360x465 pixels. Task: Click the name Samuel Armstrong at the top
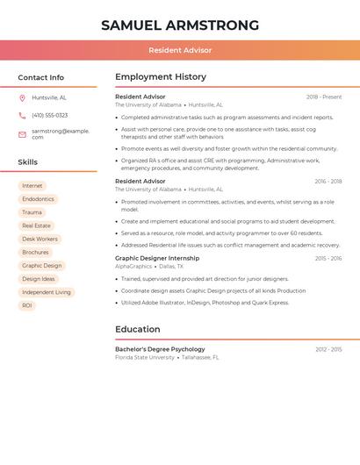pyautogui.click(x=180, y=25)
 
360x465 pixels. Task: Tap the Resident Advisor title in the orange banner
pyautogui.click(x=180, y=50)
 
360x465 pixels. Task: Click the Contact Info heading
pyautogui.click(x=41, y=77)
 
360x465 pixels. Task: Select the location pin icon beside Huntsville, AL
pyautogui.click(x=22, y=97)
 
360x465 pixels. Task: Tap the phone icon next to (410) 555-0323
pyautogui.click(x=22, y=115)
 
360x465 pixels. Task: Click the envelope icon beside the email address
pyautogui.click(x=22, y=133)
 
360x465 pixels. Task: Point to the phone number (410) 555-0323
pyautogui.click(x=49, y=115)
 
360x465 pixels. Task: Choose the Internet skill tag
pyautogui.click(x=32, y=186)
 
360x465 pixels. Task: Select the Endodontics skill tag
pyautogui.click(x=38, y=199)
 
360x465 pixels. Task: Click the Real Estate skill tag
pyautogui.click(x=36, y=225)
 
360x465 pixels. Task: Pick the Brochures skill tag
pyautogui.click(x=36, y=252)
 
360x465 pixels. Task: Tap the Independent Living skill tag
pyautogui.click(x=47, y=292)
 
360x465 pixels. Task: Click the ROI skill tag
pyautogui.click(x=27, y=305)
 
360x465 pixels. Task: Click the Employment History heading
pyautogui.click(x=161, y=77)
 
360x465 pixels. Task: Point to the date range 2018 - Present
pyautogui.click(x=324, y=97)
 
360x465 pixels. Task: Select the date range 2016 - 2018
pyautogui.click(x=328, y=181)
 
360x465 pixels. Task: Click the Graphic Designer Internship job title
pyautogui.click(x=157, y=258)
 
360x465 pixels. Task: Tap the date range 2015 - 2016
pyautogui.click(x=328, y=258)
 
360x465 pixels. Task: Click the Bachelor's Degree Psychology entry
pyautogui.click(x=160, y=349)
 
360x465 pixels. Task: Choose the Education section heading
pyautogui.click(x=137, y=329)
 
